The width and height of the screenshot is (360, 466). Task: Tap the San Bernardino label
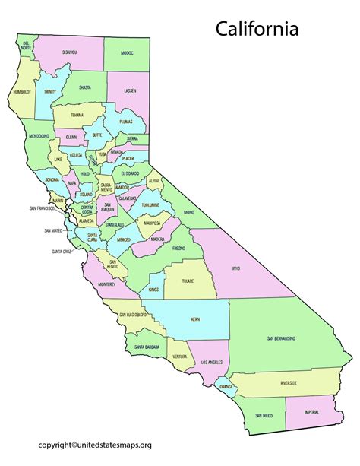tap(281, 338)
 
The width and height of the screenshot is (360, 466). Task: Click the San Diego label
tap(264, 416)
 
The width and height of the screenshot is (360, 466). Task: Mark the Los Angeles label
tap(213, 363)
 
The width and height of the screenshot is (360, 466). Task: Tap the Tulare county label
tap(188, 281)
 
